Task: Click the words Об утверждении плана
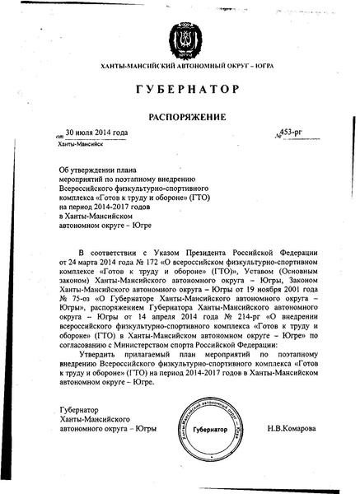coord(92,166)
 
